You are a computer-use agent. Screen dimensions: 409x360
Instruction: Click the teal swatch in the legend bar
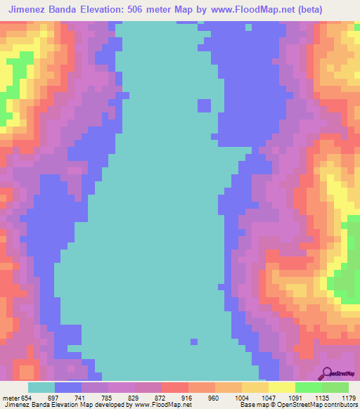coord(41,387)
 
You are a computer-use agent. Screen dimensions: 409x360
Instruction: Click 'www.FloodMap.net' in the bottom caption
coord(157,405)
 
